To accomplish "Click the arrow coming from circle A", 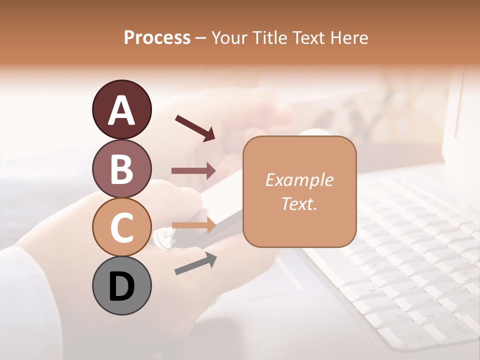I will point(195,128).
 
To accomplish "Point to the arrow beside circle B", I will point(193,171).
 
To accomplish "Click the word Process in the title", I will point(157,38).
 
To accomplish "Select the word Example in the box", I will point(299,180).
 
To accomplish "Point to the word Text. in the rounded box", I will point(299,203).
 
